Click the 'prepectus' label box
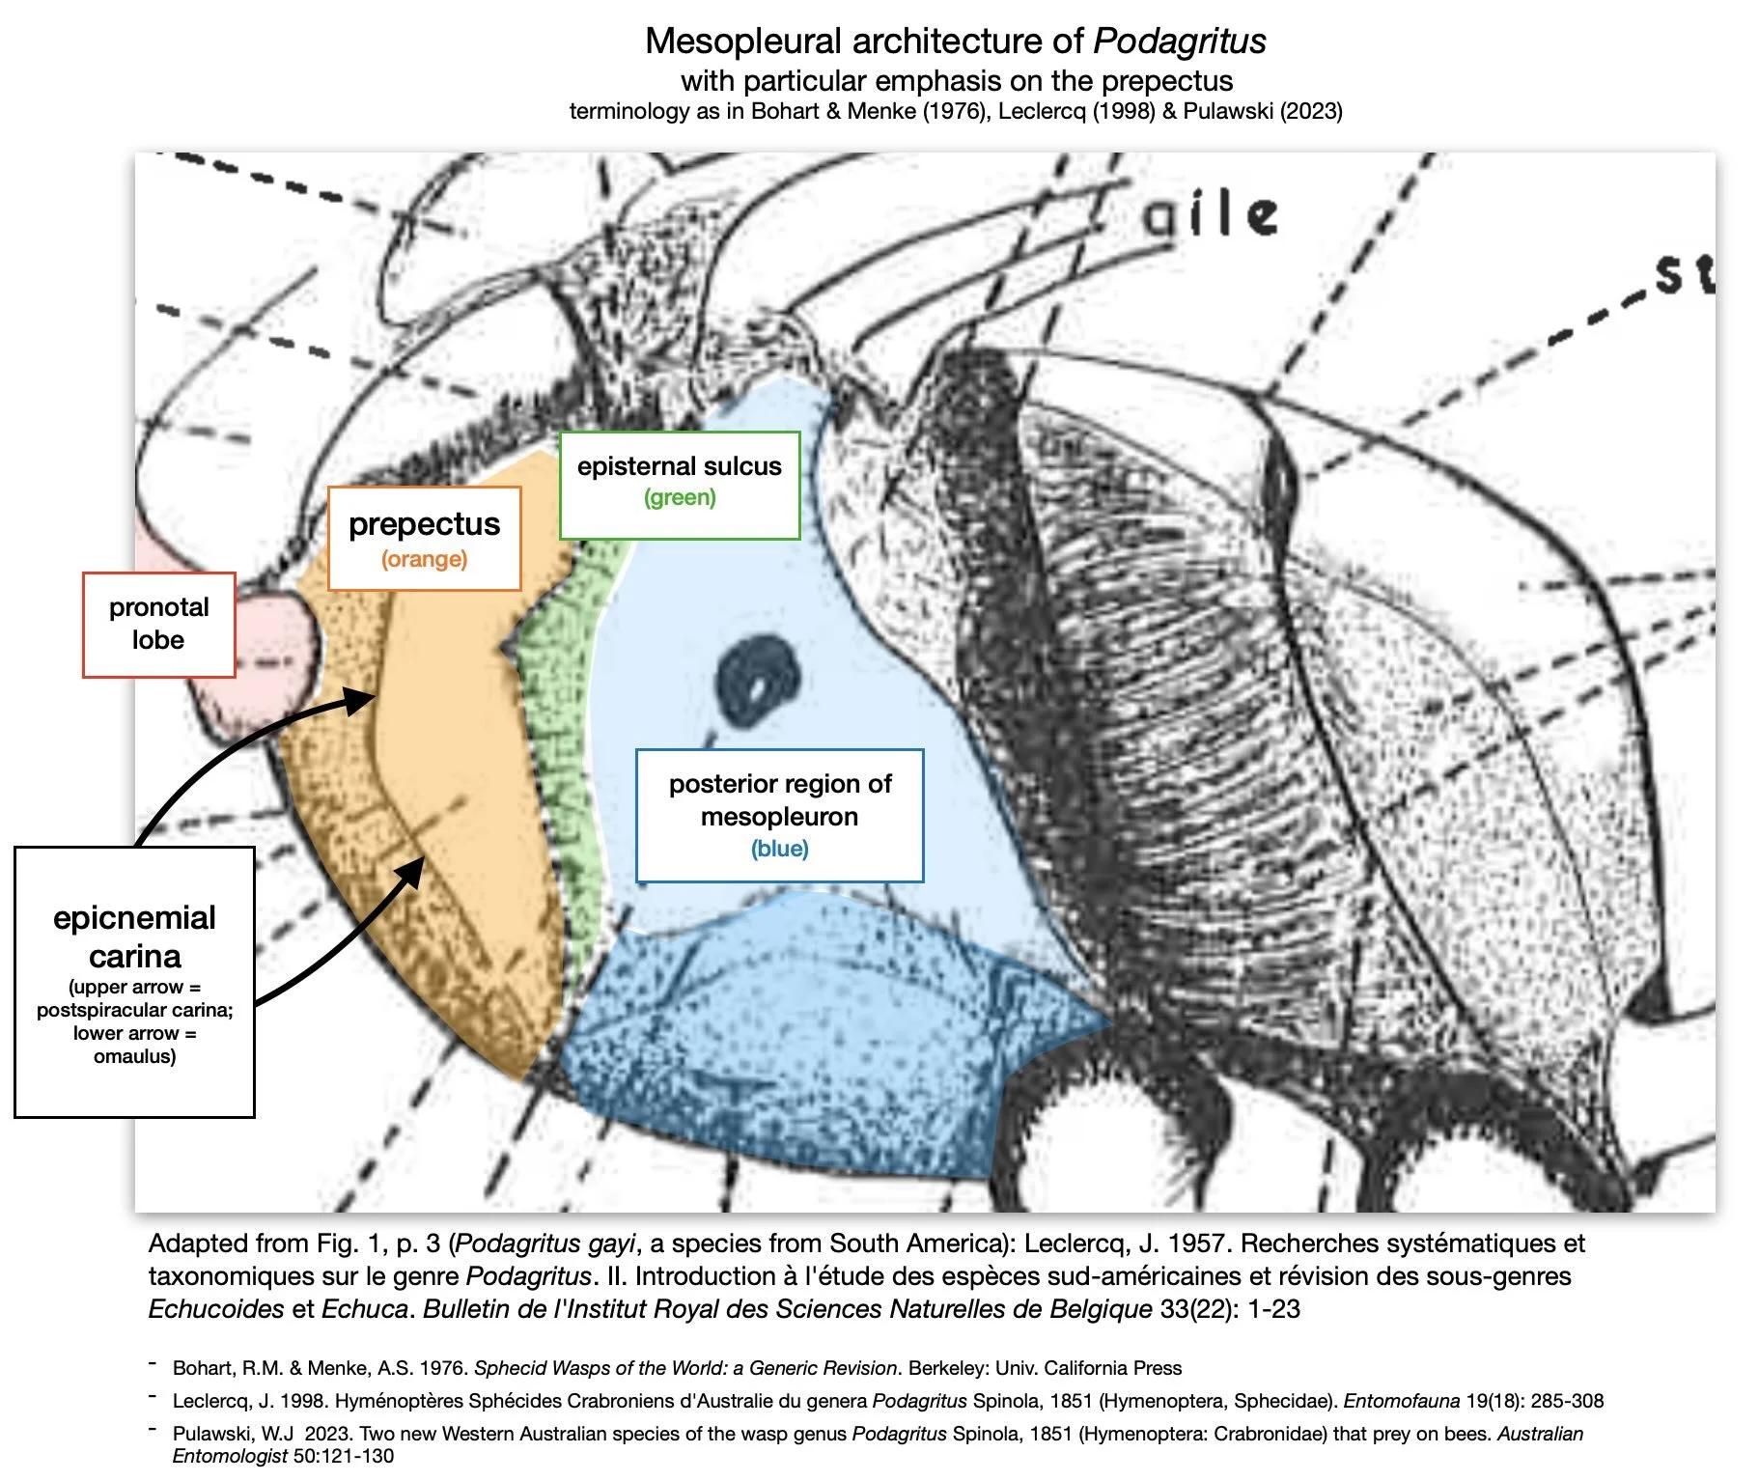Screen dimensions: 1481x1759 tap(424, 538)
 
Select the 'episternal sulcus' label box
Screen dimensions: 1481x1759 tap(680, 485)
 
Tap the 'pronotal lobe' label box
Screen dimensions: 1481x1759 tap(159, 624)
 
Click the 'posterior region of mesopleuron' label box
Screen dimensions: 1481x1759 tap(779, 815)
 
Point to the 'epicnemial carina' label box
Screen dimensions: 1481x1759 tap(134, 981)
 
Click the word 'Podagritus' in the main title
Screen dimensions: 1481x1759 tap(1179, 42)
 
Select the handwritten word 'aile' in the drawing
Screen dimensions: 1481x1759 tap(1211, 214)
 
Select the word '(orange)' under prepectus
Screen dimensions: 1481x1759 tap(424, 559)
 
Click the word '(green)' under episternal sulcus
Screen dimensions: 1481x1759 tap(680, 498)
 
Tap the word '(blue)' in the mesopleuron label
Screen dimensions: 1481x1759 tap(779, 849)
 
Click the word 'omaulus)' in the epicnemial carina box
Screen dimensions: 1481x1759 tap(134, 1056)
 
